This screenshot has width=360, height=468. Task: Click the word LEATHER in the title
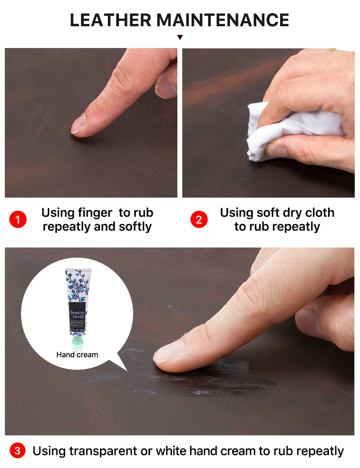coord(110,20)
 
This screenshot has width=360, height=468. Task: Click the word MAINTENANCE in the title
coord(222,20)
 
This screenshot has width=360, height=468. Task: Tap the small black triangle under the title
coord(180,37)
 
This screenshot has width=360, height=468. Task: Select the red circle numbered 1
coord(18,219)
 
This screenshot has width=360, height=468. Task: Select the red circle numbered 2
coord(199,219)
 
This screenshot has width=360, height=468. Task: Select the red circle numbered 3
coord(18,450)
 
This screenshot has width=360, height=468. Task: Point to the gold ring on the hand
coord(332,50)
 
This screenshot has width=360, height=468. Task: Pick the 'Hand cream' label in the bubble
coord(77,355)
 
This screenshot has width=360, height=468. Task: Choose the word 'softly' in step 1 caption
coord(135,226)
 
